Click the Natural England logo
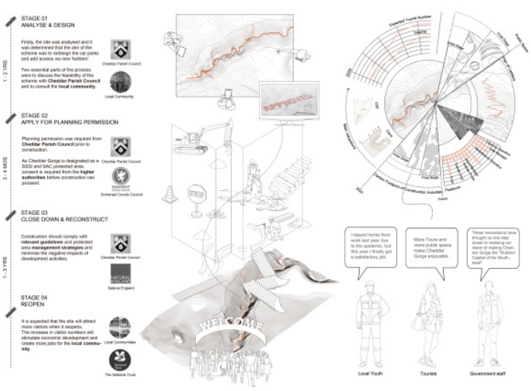[x=120, y=274]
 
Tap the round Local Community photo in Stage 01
[x=120, y=82]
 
